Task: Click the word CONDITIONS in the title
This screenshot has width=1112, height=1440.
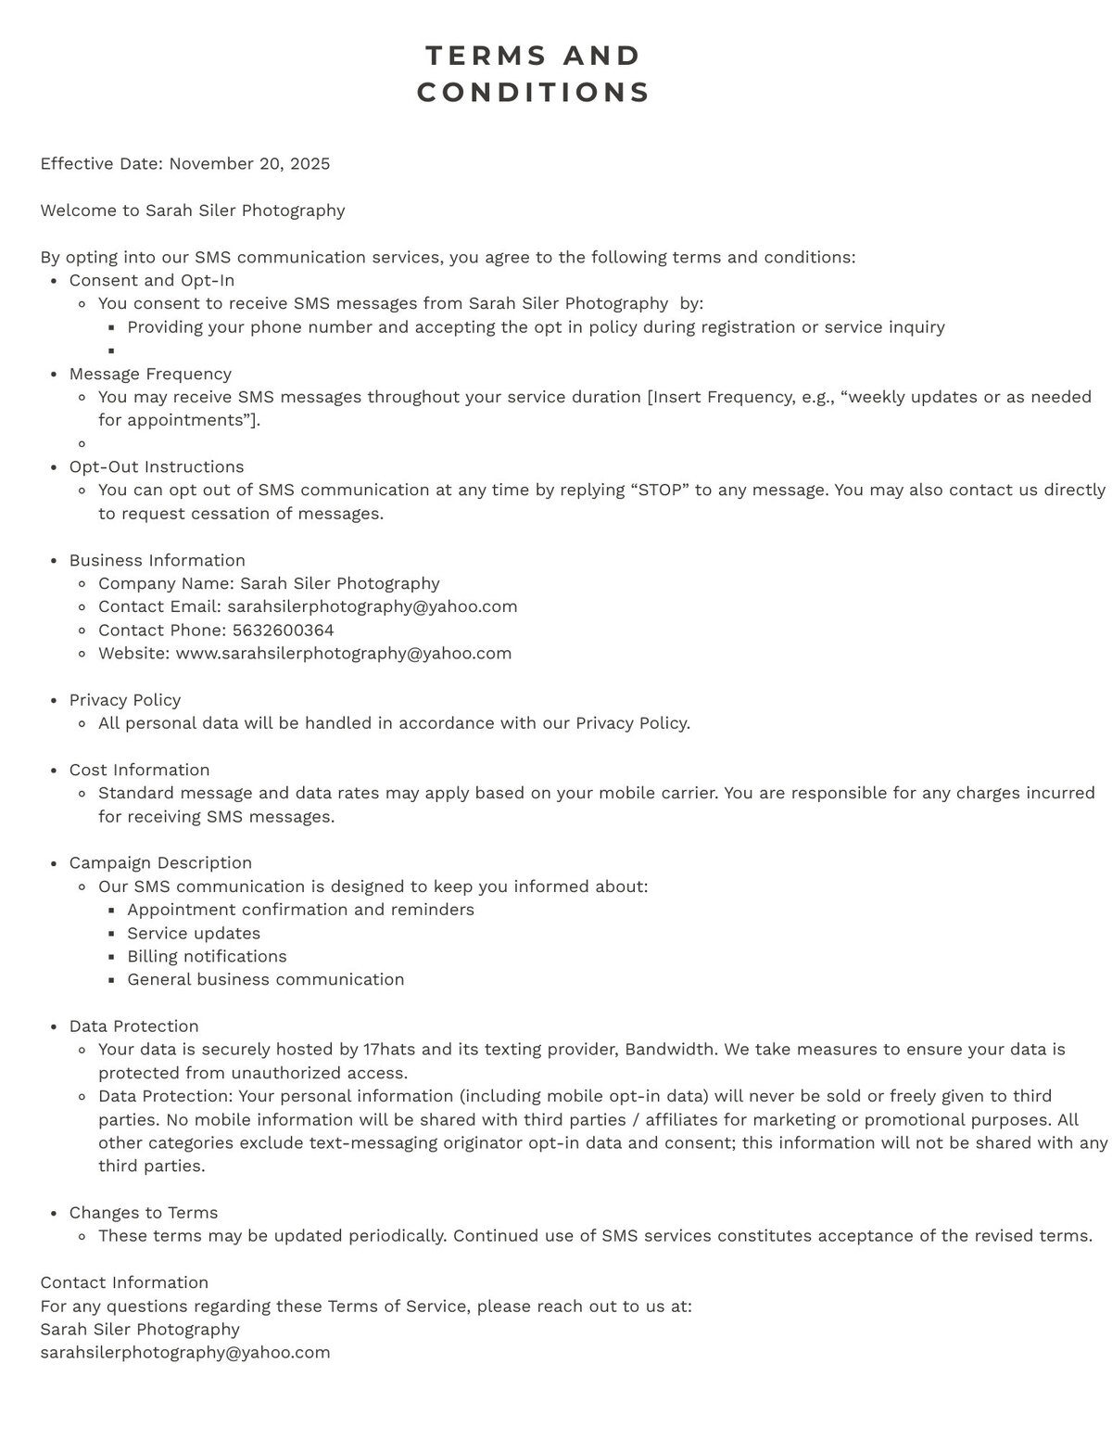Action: tap(534, 93)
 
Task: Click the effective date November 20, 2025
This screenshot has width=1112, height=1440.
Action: tap(249, 164)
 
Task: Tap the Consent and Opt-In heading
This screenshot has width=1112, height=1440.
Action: tap(152, 280)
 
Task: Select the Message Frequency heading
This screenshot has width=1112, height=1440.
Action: tap(150, 374)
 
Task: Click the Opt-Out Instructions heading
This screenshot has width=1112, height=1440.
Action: tap(157, 466)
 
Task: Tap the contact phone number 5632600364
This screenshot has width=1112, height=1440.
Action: tap(283, 630)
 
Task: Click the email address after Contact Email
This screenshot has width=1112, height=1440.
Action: tap(372, 606)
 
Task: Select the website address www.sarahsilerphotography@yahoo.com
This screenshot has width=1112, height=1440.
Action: tap(343, 653)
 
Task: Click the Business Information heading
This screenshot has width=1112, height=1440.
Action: tap(158, 560)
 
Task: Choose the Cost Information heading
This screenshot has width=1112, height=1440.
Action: tap(140, 770)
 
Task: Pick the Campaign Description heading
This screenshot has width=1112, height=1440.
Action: tap(160, 862)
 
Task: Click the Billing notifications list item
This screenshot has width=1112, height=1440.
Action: tap(207, 956)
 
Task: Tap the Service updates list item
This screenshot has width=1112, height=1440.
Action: tap(194, 933)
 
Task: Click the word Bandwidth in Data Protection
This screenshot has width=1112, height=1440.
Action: tap(670, 1050)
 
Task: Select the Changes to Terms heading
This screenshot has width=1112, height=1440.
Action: tap(144, 1213)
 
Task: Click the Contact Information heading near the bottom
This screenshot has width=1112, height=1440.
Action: tap(124, 1282)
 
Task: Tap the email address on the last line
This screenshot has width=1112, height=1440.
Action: tap(185, 1352)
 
